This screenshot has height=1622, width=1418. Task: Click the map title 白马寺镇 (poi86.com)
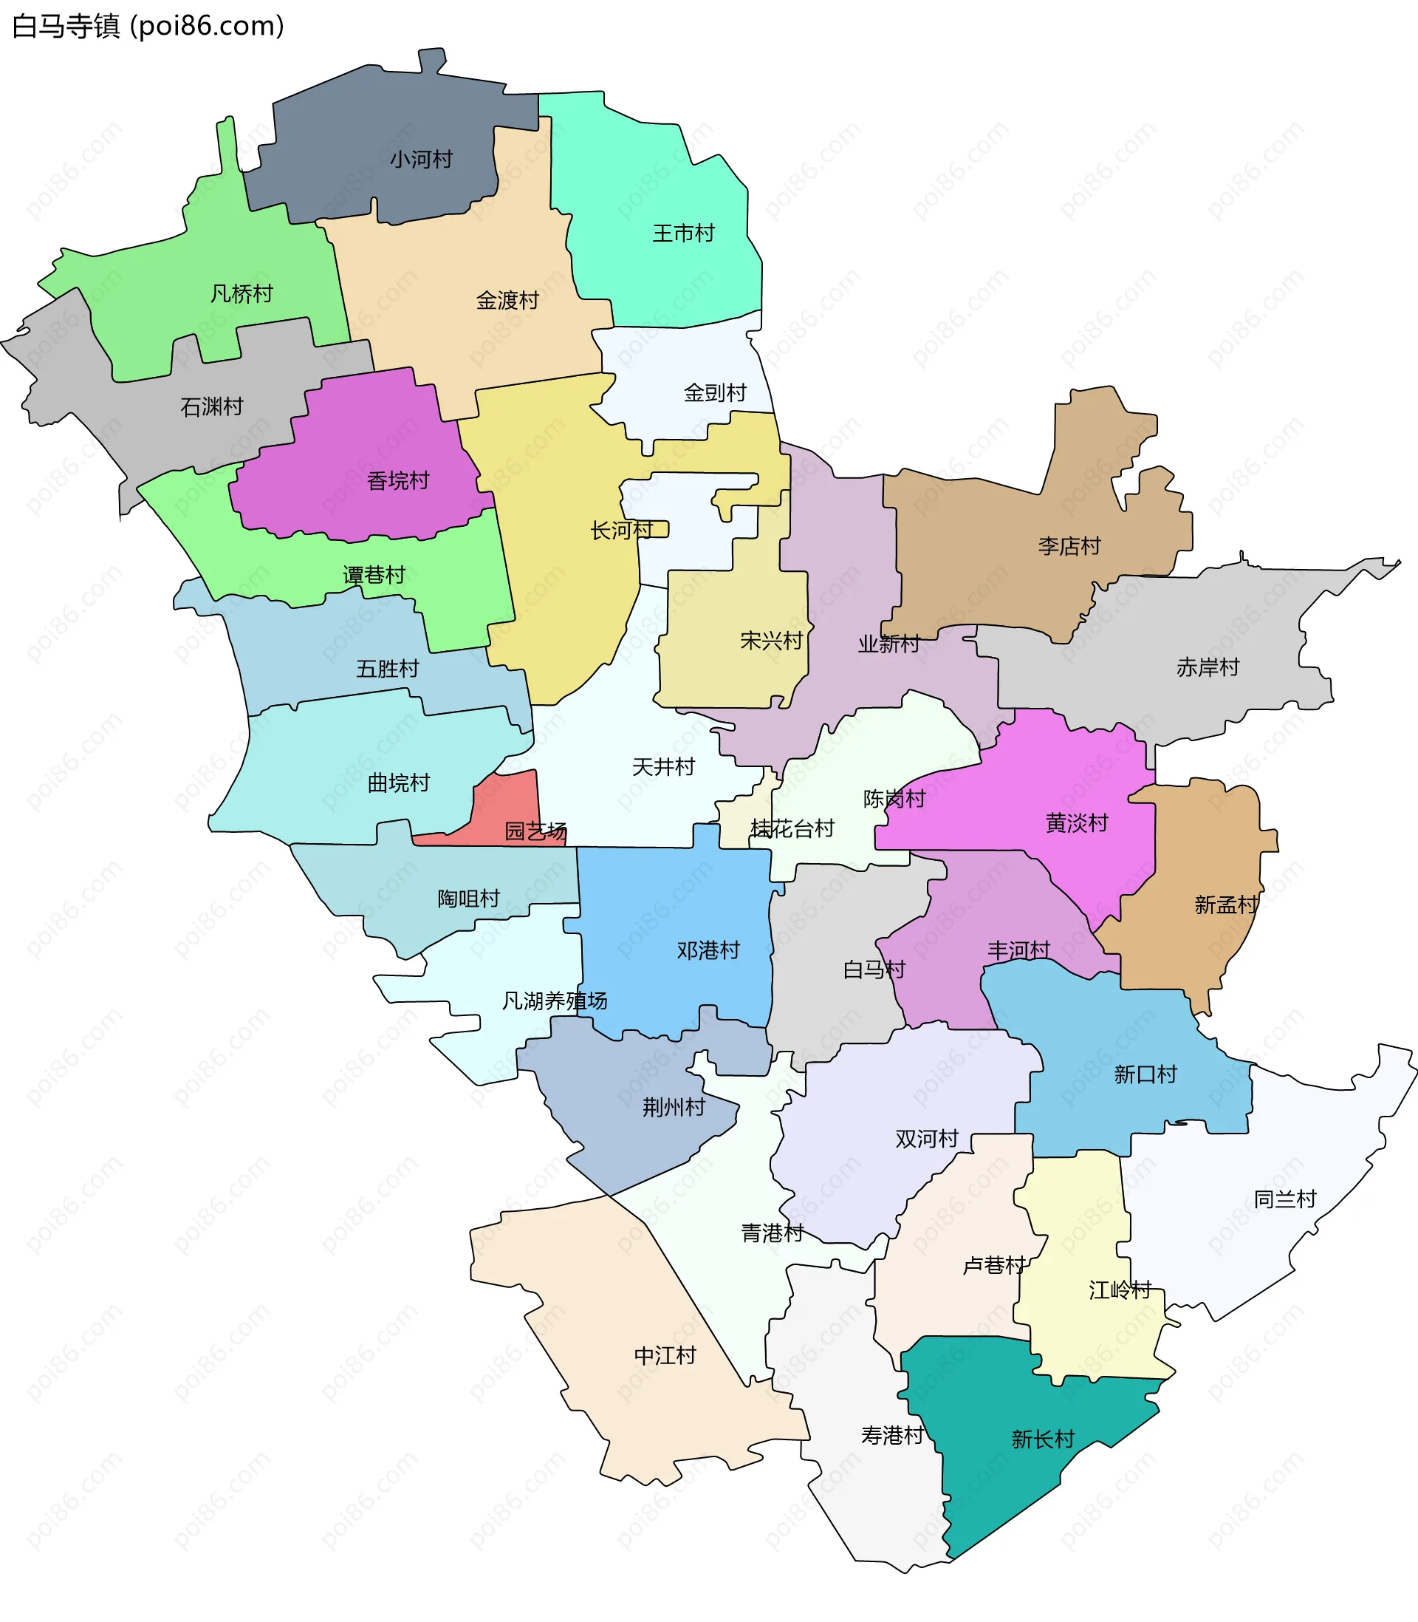148,26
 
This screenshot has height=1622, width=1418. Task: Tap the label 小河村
421,160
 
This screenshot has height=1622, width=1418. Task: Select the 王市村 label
683,234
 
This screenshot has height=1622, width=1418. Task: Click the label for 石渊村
212,408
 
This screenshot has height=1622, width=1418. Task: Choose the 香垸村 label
397,481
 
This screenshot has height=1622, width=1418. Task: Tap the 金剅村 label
715,393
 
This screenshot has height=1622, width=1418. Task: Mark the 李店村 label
1069,546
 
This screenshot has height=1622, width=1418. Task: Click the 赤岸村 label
1208,668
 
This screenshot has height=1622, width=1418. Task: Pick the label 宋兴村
771,641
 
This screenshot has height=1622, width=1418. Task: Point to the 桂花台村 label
792,829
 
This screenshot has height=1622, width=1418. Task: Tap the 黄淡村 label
1076,824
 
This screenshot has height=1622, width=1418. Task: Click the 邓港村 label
708,951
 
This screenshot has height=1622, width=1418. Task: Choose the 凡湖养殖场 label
555,1001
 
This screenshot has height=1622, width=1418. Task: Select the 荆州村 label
674,1108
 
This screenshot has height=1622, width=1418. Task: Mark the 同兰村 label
1285,1199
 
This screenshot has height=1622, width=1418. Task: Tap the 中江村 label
665,1356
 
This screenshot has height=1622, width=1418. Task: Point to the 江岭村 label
1120,1290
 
